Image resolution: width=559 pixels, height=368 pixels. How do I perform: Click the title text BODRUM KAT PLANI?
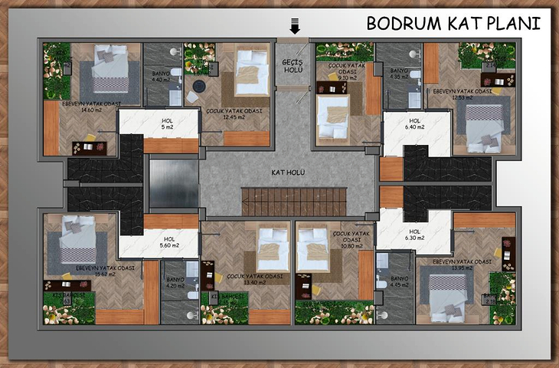[453, 22]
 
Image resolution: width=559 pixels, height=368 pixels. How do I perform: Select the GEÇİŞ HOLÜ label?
[293, 65]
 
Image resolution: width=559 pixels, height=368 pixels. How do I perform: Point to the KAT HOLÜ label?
[288, 172]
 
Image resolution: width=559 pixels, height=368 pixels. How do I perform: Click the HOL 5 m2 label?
[168, 123]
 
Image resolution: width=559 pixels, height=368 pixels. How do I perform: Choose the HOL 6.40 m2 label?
[415, 123]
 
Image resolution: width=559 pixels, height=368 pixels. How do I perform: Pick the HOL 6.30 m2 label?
[415, 235]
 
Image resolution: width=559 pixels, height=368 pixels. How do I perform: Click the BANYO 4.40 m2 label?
[161, 75]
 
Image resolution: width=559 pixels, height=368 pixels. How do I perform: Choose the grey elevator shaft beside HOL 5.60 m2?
[173, 182]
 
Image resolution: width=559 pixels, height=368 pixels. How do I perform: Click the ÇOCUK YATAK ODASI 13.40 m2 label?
[244, 279]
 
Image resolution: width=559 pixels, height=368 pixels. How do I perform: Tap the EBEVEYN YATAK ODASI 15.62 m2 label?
[105, 271]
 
